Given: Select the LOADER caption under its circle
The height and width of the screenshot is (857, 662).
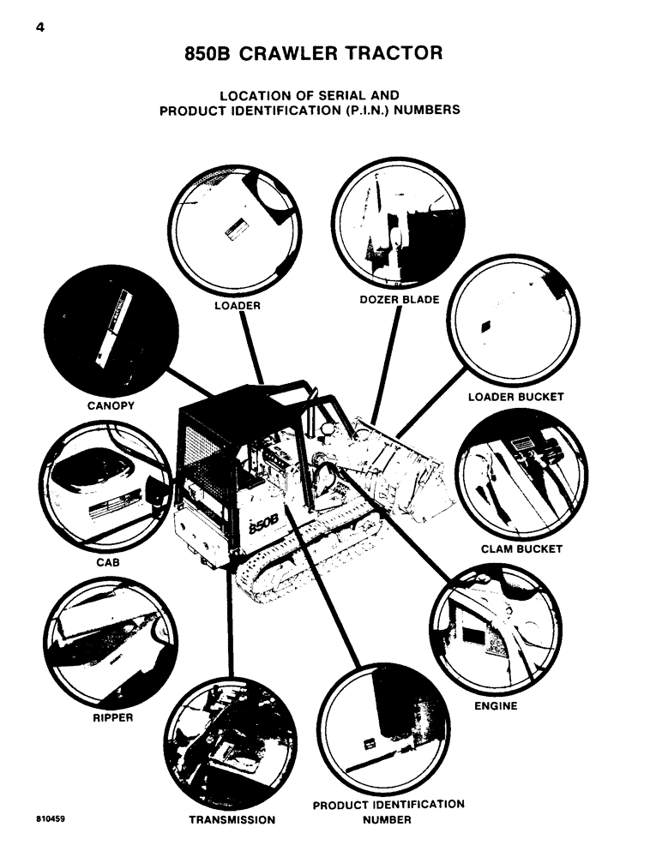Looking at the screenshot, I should [238, 304].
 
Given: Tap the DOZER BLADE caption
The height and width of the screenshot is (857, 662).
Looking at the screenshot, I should [400, 299].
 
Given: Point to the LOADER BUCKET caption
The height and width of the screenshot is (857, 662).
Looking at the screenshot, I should [515, 397].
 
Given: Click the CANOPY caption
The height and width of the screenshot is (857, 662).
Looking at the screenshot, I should [111, 405].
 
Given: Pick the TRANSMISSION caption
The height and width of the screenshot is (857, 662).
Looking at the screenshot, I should [232, 820].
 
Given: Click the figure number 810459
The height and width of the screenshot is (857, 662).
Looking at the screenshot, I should [51, 818].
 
